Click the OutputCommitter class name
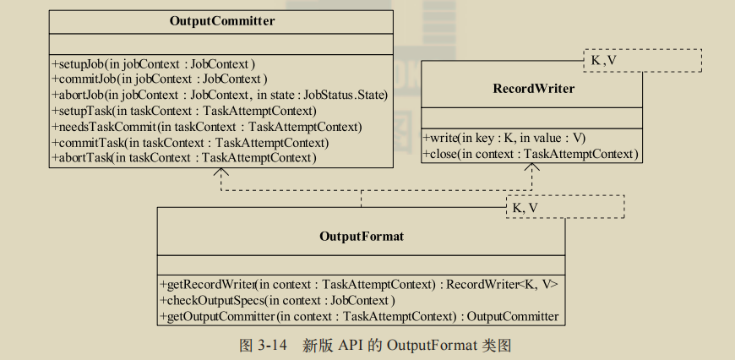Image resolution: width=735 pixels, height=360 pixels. (x=220, y=20)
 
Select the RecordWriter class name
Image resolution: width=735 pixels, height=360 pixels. (x=533, y=88)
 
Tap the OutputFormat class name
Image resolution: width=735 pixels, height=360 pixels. (x=362, y=236)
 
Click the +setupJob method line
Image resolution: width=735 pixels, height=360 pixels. (x=154, y=63)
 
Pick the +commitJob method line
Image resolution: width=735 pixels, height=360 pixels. (x=160, y=79)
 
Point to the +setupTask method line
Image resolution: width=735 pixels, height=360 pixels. (x=184, y=111)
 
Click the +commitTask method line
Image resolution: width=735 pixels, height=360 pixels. (x=190, y=142)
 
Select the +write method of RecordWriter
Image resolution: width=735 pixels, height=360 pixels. (x=504, y=138)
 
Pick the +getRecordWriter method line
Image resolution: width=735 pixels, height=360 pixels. (x=358, y=285)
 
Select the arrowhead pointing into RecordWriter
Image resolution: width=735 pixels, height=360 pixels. (x=531, y=167)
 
